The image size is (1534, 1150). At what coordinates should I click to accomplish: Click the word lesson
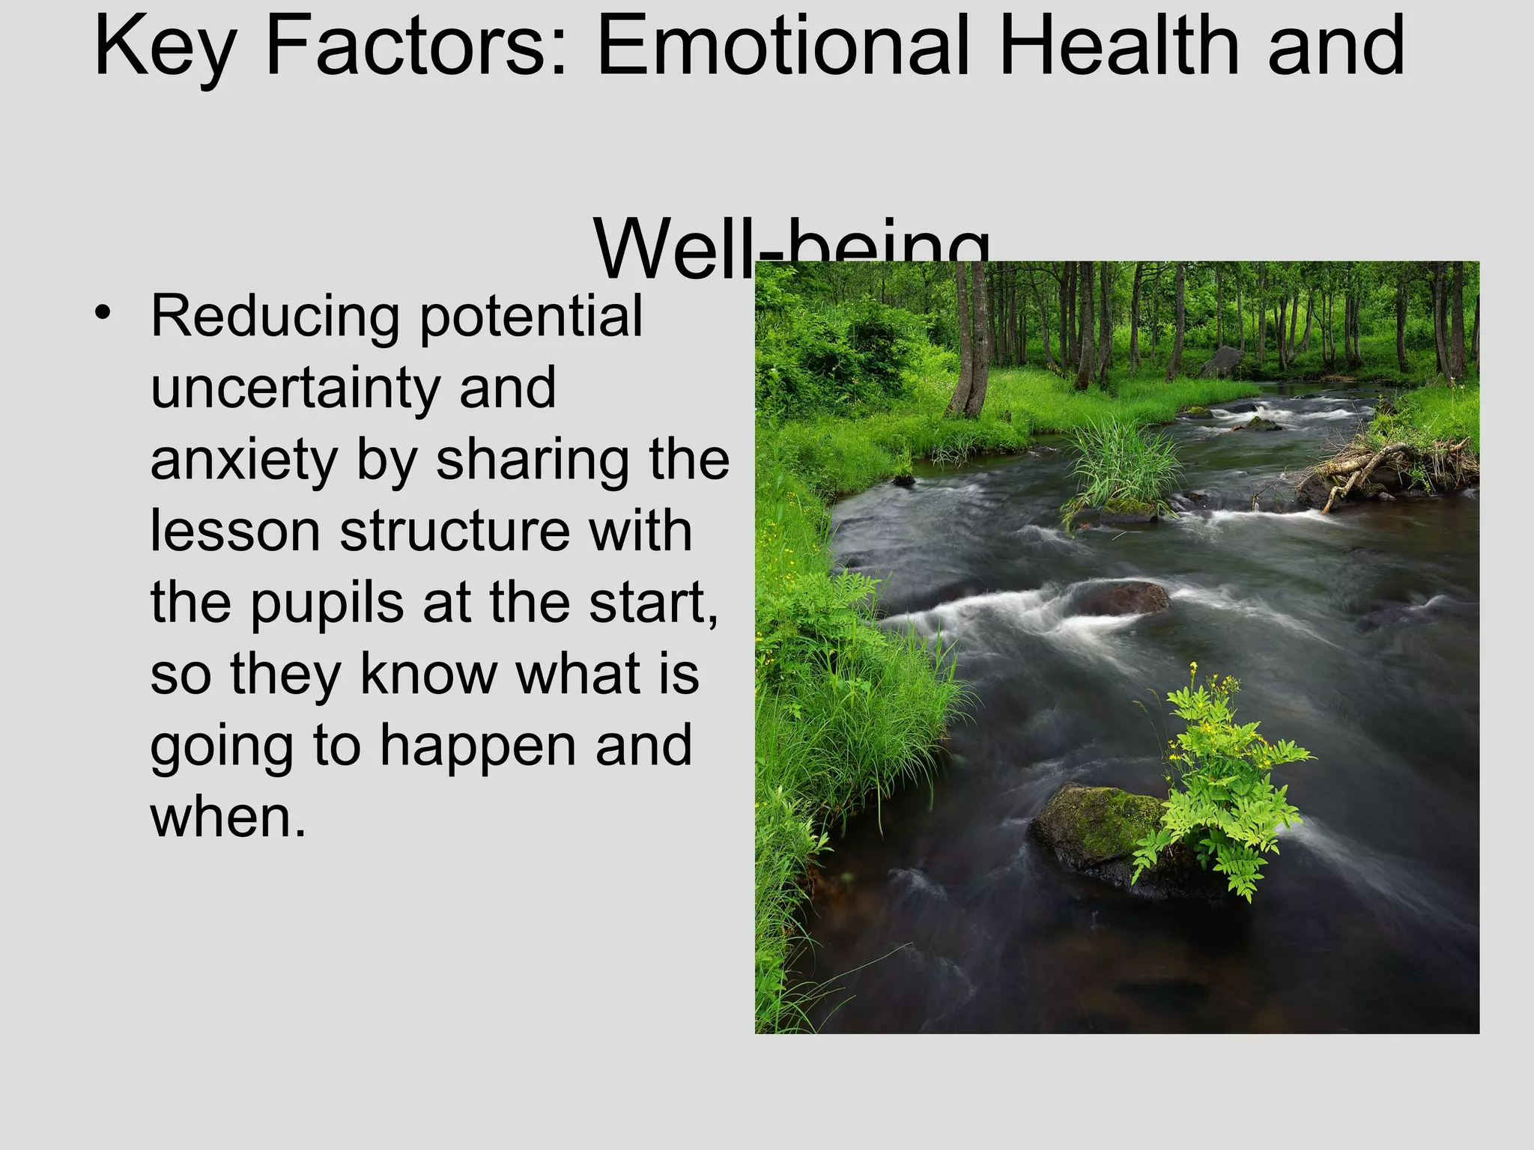click(x=234, y=531)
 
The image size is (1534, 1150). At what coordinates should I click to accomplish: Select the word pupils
click(x=327, y=603)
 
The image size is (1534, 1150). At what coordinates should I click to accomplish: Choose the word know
click(x=428, y=673)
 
